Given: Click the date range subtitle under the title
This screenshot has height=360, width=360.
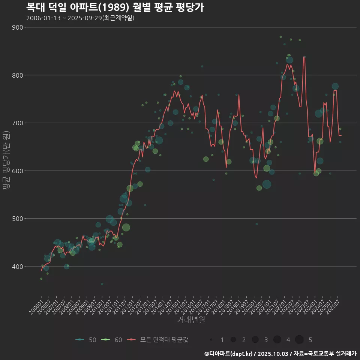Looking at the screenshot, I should tap(80, 18).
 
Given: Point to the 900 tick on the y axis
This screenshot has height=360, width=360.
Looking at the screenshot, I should tap(18, 27).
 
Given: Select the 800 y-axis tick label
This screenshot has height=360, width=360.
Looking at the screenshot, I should tap(18, 75).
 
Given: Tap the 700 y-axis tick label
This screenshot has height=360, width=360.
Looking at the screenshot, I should tap(18, 123).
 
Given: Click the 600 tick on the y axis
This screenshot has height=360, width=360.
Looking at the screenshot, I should tap(18, 171).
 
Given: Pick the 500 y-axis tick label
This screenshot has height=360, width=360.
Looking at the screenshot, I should tap(18, 219).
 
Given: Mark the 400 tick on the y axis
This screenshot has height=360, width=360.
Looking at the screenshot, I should tap(18, 266).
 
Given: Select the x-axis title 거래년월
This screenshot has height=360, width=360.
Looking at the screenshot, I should tap(191, 320).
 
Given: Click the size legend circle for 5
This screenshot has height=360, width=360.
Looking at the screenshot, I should tap(299, 340).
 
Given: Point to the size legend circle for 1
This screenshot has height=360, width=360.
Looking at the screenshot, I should tap(211, 340).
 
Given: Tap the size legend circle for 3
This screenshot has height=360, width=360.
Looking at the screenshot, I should tap(255, 340).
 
